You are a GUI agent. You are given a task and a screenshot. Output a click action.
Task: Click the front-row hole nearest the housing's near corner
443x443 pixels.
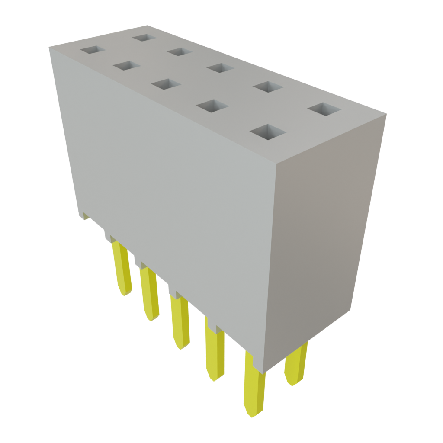click(268, 132)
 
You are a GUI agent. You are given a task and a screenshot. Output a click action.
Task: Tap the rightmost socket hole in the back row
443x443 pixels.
click(325, 109)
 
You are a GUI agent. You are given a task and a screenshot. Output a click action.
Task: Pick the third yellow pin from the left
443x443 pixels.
click(180, 322)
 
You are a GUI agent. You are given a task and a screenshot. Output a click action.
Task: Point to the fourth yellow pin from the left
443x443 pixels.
click(215, 355)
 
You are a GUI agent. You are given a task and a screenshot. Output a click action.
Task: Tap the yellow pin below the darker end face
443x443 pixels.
click(296, 366)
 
